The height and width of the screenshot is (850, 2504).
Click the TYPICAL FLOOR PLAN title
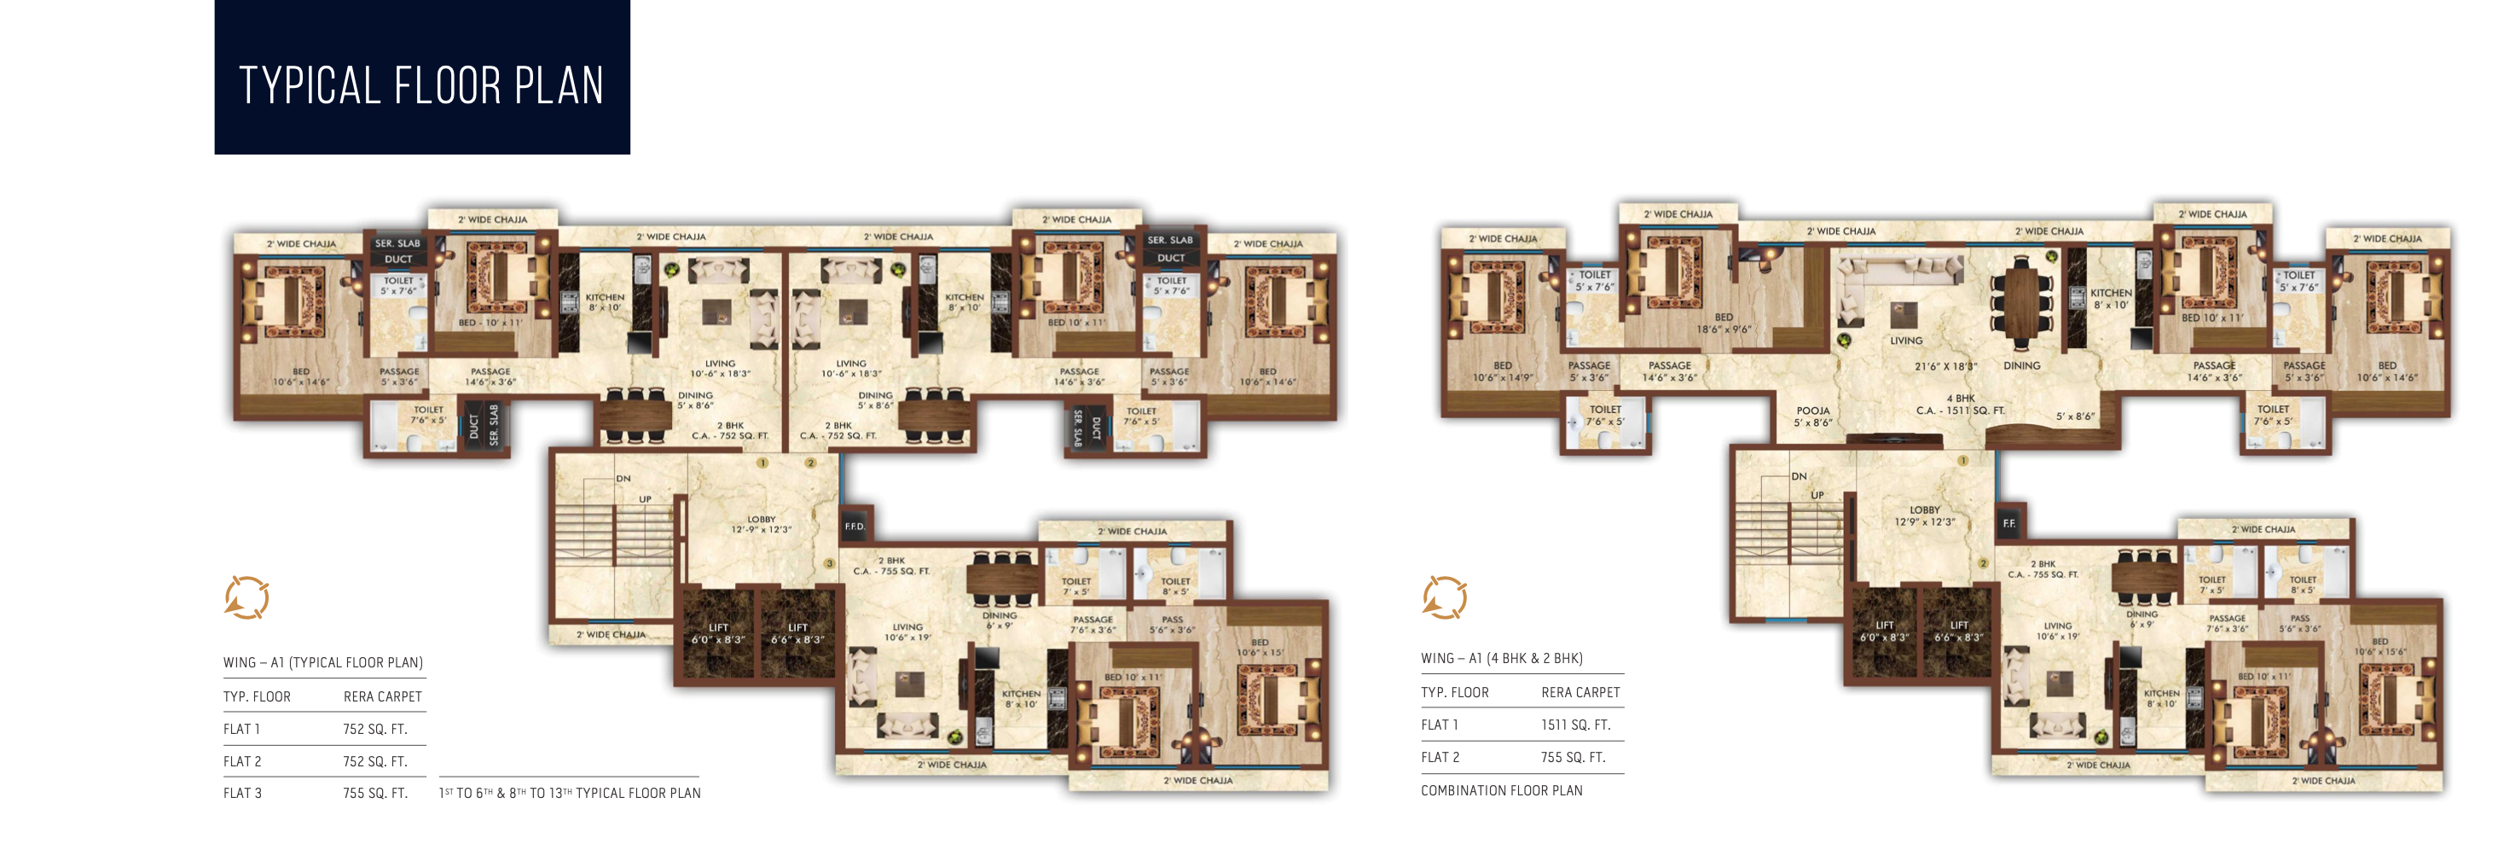[421, 85]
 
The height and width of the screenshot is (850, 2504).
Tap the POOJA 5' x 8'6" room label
[1813, 416]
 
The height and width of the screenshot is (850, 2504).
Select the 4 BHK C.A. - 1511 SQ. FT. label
[1961, 405]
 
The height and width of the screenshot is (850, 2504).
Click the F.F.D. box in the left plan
[854, 527]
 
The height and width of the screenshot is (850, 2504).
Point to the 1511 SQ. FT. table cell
[1574, 725]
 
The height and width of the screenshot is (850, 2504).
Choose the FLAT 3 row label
[243, 793]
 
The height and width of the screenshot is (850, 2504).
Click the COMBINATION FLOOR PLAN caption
[1501, 790]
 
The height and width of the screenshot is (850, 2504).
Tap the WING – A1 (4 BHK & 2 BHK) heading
[1501, 659]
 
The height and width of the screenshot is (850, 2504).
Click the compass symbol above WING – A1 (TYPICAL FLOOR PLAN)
[246, 597]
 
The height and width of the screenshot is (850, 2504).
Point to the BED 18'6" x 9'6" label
[1724, 323]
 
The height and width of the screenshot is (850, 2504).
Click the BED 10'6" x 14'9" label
[1502, 371]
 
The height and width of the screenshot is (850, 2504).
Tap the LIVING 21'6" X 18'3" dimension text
[1945, 367]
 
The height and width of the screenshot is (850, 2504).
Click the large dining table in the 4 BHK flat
[2022, 300]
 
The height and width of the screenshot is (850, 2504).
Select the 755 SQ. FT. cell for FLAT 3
[374, 793]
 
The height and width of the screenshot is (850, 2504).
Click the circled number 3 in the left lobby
[829, 563]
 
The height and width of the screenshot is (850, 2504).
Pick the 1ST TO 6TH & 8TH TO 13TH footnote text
[570, 793]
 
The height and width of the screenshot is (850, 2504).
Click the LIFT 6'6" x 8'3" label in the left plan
[797, 633]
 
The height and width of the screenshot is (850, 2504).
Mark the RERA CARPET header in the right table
[1579, 692]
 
